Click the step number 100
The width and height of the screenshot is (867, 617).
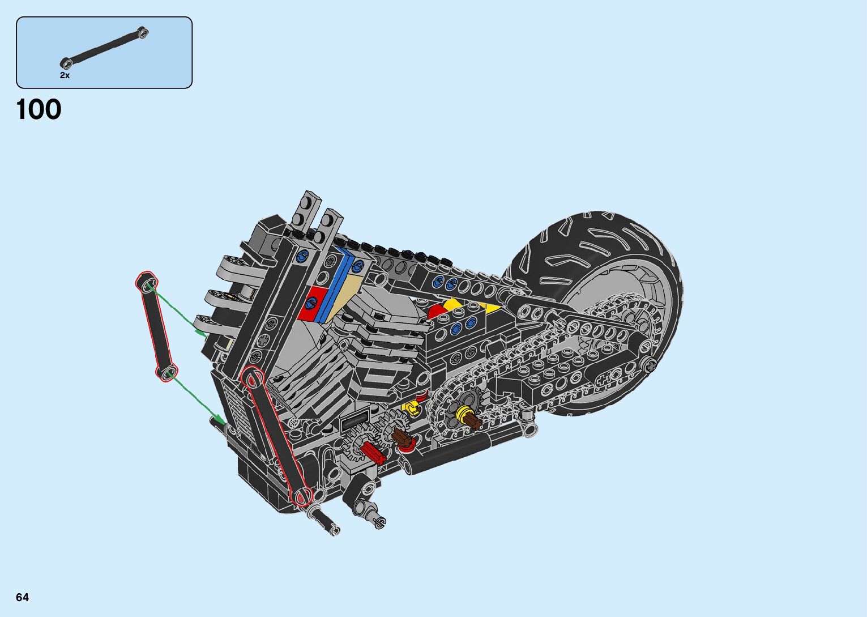(x=39, y=109)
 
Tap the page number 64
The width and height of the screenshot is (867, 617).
(x=23, y=597)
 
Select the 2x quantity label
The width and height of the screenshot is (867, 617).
(x=65, y=75)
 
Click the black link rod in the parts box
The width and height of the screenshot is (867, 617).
(x=104, y=48)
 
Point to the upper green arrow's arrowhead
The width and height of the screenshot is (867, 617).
(x=200, y=333)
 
